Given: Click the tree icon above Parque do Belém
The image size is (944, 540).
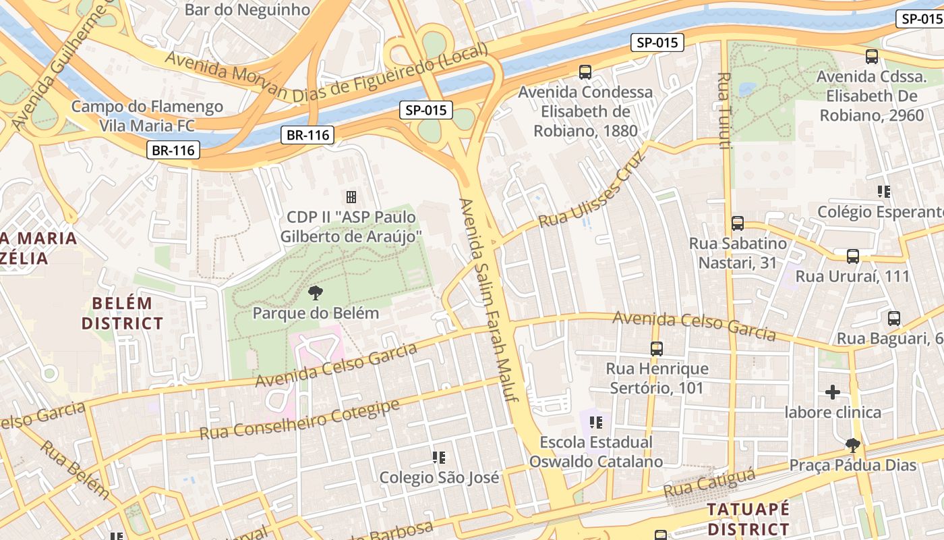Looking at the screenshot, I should (314, 293).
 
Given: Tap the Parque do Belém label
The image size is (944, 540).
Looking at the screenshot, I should (316, 313).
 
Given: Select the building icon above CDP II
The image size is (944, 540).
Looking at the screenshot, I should (351, 197).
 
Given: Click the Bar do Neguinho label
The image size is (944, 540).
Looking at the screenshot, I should (247, 9).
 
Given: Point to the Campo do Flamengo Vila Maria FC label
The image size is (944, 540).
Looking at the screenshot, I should (147, 116).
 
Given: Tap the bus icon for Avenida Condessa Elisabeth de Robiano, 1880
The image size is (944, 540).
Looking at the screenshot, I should (585, 72).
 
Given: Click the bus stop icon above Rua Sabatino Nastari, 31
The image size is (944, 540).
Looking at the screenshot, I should (738, 223).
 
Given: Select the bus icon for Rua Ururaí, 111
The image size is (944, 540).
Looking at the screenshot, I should (853, 256).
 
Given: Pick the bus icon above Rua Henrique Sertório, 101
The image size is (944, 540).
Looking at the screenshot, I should (657, 348).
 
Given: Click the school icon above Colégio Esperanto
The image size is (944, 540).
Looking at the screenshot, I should (884, 192).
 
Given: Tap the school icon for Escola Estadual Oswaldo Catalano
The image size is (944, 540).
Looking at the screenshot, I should (595, 423).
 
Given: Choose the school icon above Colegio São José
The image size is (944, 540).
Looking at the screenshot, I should (439, 458).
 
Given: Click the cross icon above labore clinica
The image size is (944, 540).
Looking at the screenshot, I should (833, 391).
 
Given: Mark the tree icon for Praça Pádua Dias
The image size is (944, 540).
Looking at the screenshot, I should (853, 445).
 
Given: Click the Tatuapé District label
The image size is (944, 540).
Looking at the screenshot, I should (748, 518).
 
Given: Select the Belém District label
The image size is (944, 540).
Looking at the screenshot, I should (122, 313).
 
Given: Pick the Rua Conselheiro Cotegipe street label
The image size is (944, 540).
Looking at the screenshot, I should (300, 420).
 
